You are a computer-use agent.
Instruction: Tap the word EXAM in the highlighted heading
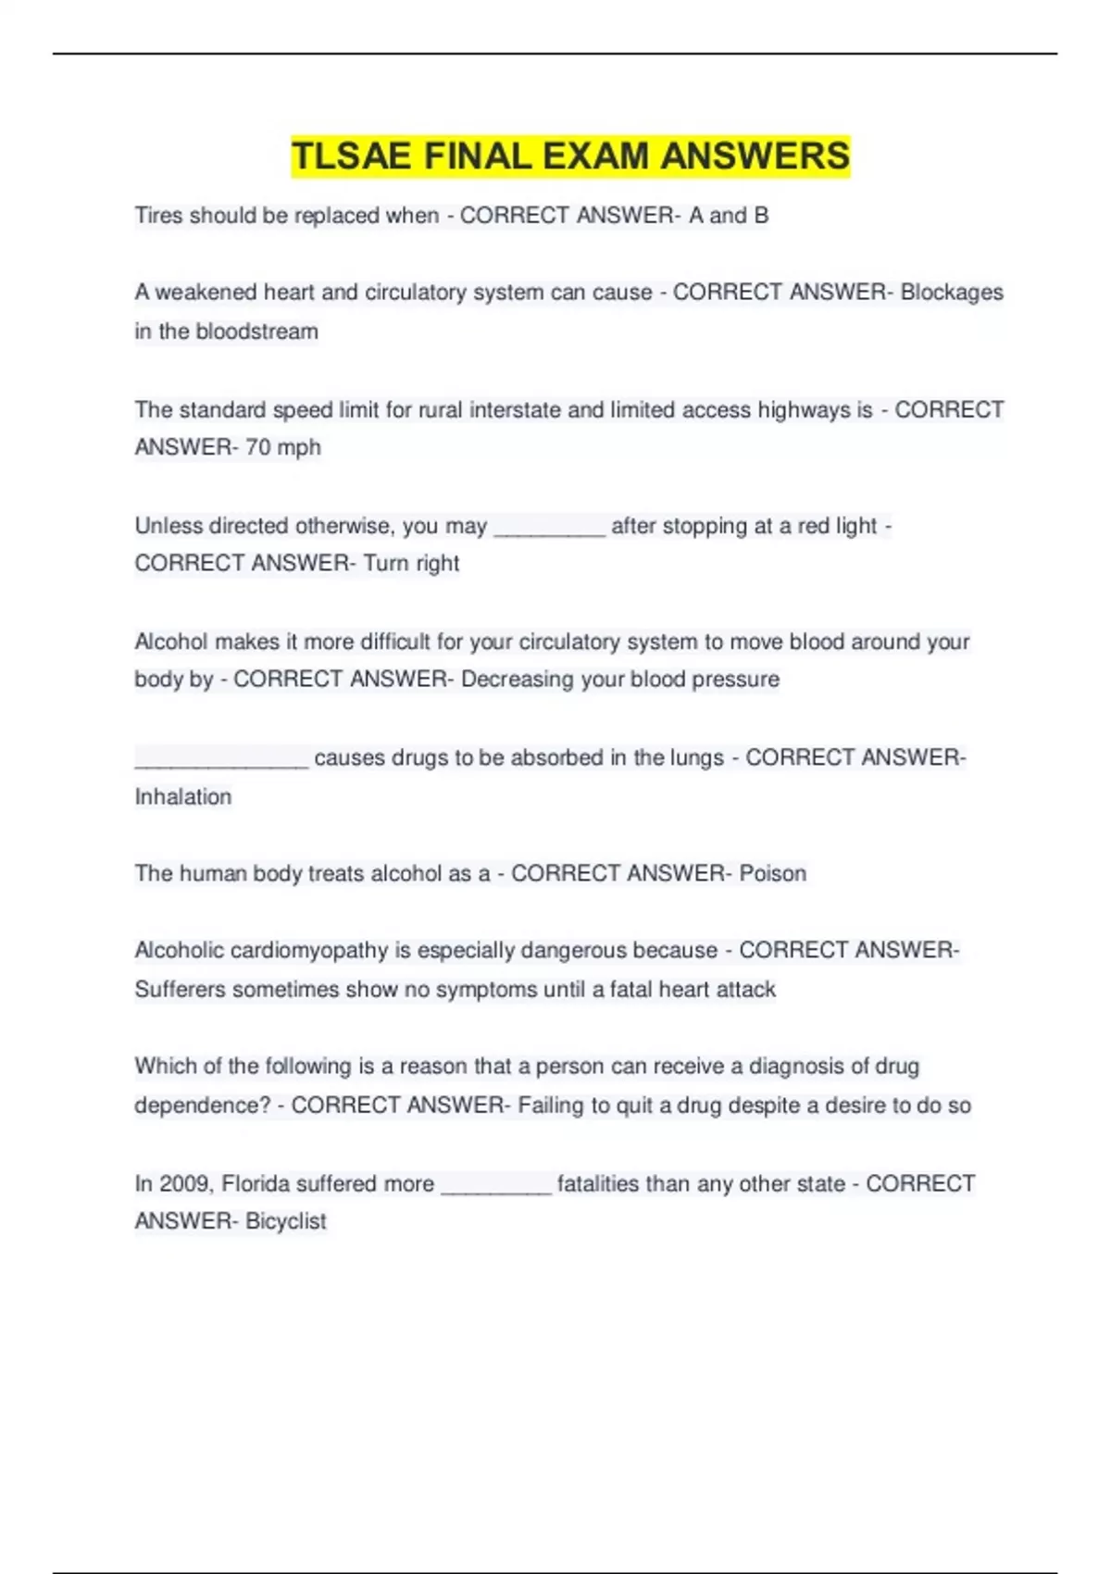(595, 156)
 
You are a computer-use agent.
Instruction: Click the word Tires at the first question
(158, 216)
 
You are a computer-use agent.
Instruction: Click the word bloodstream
(256, 331)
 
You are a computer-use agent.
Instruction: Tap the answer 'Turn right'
(411, 563)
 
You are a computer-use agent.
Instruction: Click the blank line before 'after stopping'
(549, 531)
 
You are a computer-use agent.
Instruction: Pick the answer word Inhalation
(183, 796)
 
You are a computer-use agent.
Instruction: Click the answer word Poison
(772, 873)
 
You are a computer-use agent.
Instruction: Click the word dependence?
(203, 1105)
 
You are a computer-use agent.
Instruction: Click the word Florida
(256, 1183)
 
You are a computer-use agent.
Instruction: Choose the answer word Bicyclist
(285, 1221)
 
